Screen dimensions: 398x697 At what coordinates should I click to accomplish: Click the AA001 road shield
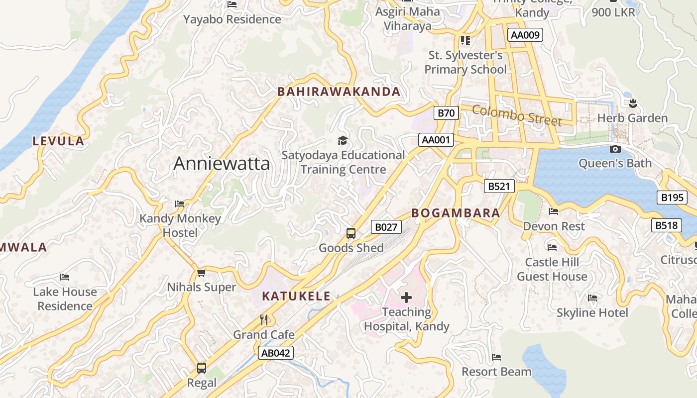pos(436,140)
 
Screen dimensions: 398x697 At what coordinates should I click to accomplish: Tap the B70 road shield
pos(446,113)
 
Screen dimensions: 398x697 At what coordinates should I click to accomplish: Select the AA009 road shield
pos(525,35)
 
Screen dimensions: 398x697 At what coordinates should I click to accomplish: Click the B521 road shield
pos(499,186)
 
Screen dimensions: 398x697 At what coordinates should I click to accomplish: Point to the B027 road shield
pos(386,227)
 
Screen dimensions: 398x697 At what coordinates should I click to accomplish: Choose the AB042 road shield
pos(276,353)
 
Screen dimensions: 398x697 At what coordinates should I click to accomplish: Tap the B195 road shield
pos(672,198)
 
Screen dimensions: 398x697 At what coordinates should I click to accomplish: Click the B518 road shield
pos(666,225)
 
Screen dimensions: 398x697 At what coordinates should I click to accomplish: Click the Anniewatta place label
pos(222,164)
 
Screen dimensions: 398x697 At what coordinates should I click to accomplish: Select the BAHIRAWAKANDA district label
pos(339,92)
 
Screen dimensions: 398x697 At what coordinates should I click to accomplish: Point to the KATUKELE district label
pos(296,296)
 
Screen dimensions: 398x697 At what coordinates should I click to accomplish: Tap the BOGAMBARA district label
pos(456,213)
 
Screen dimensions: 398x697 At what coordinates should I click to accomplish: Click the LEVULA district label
pos(58,141)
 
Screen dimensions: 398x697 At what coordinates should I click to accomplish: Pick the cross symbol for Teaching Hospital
pos(406,298)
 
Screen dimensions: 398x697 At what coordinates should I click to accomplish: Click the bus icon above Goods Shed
pos(351,233)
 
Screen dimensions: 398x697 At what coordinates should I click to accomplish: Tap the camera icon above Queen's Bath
pos(615,149)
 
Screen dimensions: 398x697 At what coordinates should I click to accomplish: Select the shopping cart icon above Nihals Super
pos(202,273)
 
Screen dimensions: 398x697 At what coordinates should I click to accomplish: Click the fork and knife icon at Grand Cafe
pos(264,319)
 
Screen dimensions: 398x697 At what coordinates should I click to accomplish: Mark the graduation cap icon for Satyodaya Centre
pos(343,140)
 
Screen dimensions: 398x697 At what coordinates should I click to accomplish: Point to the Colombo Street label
pos(517,115)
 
